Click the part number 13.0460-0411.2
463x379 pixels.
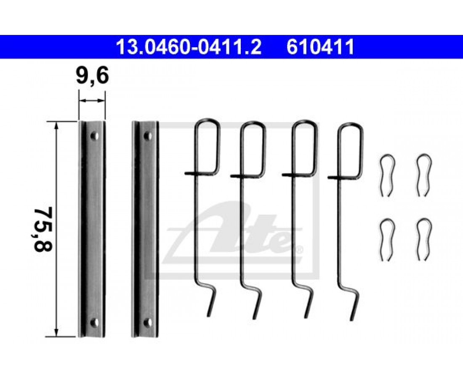(189, 47)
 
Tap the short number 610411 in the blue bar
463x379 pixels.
(320, 47)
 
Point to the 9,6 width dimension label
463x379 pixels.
(92, 75)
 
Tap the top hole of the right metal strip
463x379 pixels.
(148, 136)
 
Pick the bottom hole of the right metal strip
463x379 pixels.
(148, 322)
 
